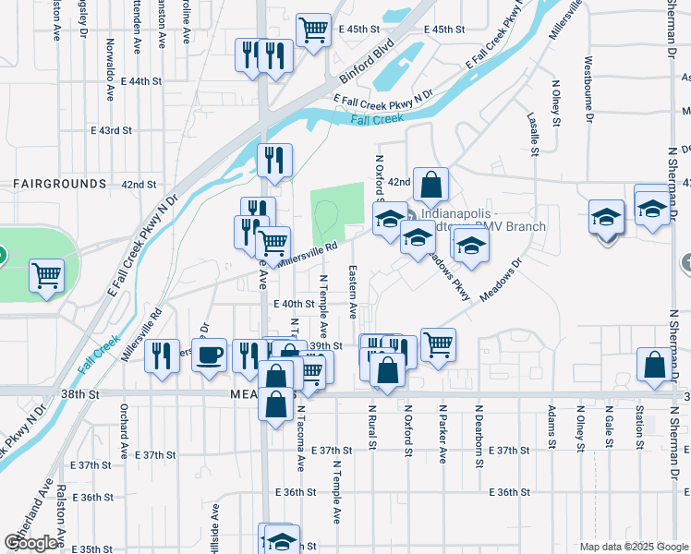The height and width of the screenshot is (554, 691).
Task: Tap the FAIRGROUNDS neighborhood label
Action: pyautogui.click(x=60, y=184)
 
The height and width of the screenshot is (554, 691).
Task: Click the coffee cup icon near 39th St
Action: pyautogui.click(x=210, y=355)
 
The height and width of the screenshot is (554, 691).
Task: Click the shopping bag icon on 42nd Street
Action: pyautogui.click(x=430, y=185)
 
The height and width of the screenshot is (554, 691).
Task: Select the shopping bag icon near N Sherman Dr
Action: pyautogui.click(x=654, y=366)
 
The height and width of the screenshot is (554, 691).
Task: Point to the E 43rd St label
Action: pyautogui.click(x=112, y=130)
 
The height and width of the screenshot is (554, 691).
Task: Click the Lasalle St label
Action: pyautogui.click(x=533, y=135)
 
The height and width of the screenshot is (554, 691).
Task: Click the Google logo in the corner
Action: pyautogui.click(x=31, y=543)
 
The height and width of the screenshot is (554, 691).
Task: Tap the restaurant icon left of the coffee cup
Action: pyautogui.click(x=162, y=356)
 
